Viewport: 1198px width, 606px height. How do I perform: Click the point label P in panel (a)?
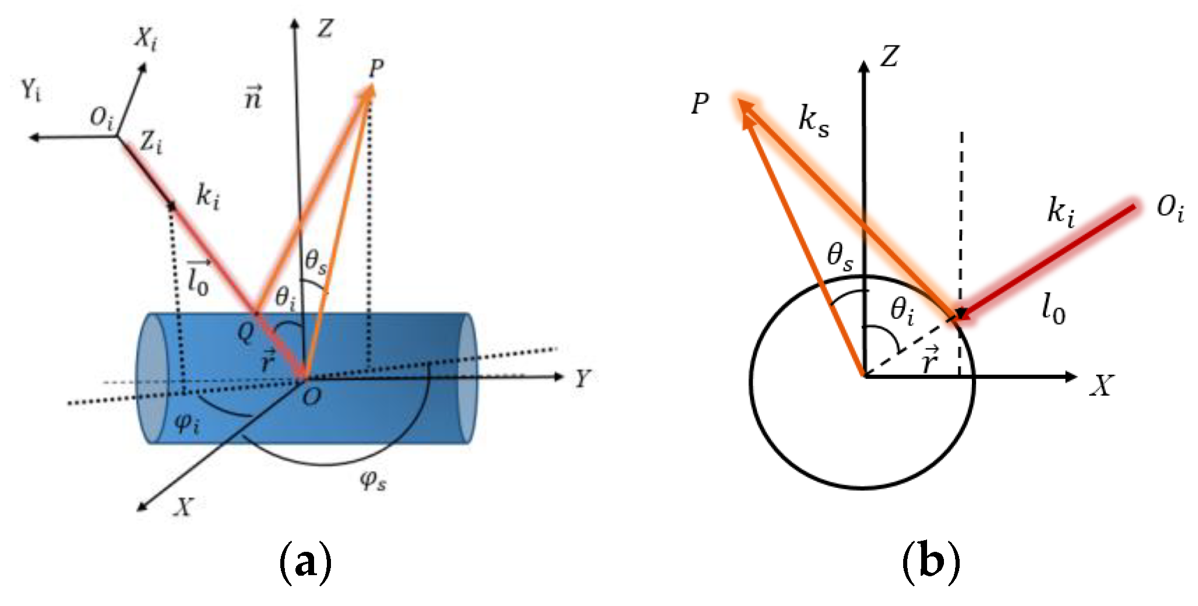376,68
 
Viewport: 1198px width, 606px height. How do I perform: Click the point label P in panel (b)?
700,104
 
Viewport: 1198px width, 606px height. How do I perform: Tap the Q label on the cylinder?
246,332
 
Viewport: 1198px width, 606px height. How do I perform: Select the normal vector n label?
253,97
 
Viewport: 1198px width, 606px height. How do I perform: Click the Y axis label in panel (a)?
582,379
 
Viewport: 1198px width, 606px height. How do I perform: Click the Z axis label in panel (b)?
889,57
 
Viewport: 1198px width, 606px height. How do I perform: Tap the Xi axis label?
146,40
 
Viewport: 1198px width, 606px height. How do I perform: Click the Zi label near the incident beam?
151,142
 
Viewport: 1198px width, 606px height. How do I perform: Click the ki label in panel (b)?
1060,211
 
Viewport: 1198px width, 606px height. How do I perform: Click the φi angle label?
187,422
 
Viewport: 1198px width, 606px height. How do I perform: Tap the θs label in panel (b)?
840,256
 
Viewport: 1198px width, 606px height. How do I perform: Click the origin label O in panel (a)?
312,397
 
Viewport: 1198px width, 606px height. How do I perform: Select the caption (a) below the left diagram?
306,562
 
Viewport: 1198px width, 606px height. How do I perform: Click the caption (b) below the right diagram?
931,562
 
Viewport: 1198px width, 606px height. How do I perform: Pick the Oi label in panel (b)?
1170,207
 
